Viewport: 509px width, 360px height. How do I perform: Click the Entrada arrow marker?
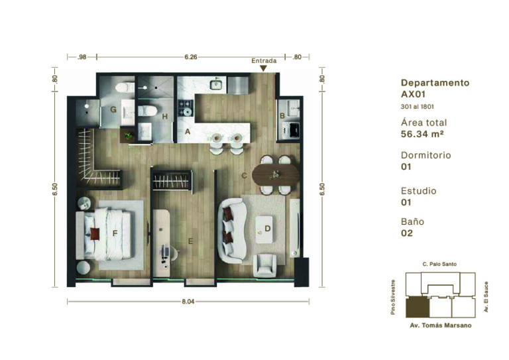[263, 68]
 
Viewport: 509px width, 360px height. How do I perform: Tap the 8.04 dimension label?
[188, 302]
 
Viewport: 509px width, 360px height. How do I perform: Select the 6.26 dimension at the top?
[191, 57]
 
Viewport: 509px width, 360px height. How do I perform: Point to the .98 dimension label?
[82, 57]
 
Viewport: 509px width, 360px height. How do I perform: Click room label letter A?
[188, 131]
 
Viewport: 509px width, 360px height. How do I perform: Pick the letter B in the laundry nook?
[282, 115]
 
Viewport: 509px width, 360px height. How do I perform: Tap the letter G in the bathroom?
[113, 109]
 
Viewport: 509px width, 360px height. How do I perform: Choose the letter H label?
[165, 117]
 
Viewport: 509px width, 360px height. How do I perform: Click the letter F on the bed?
[115, 233]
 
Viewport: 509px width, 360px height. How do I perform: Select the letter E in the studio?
[191, 241]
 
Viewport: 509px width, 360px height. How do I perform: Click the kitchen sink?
[217, 84]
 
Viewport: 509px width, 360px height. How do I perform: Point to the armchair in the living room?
[266, 265]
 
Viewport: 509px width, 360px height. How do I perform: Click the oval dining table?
[276, 175]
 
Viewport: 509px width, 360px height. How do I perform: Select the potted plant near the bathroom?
[127, 136]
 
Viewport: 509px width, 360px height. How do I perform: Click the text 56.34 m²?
[422, 134]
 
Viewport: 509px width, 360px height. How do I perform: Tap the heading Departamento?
[435, 83]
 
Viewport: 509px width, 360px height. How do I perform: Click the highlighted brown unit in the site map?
[418, 308]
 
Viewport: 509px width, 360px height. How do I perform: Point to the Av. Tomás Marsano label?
[441, 326]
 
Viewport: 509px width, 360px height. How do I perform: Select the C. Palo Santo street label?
[439, 265]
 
